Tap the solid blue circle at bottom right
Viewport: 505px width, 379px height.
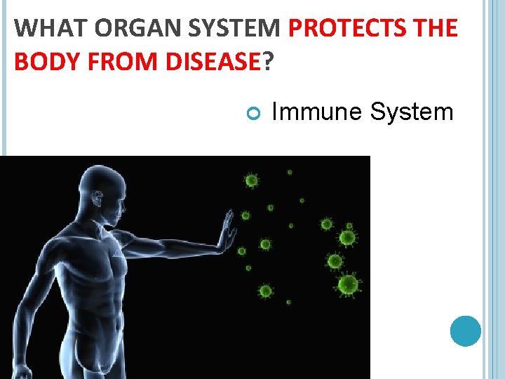click(465, 331)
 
